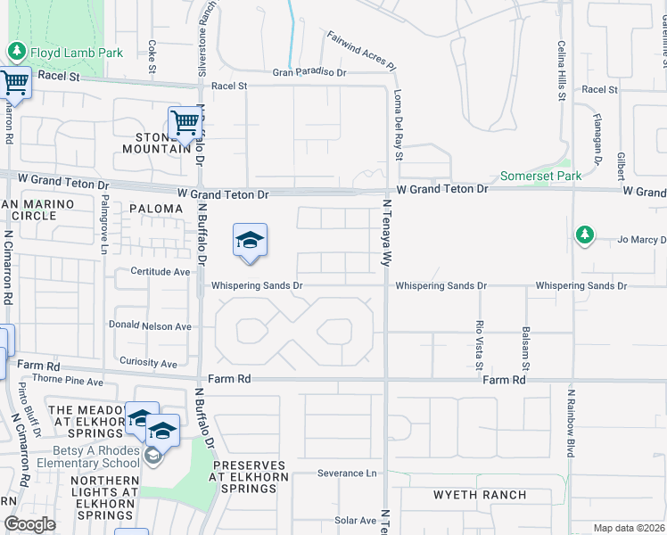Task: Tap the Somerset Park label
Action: click(x=539, y=176)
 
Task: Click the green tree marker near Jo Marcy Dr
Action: click(x=585, y=235)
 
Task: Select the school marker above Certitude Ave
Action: click(x=251, y=241)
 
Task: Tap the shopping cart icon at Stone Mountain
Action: click(x=185, y=123)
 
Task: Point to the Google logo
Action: click(x=29, y=524)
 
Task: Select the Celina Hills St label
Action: click(x=562, y=70)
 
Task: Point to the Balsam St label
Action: click(x=526, y=348)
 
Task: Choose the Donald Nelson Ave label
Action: click(x=150, y=326)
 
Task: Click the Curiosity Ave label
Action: click(x=148, y=363)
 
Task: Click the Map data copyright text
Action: click(x=628, y=528)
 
